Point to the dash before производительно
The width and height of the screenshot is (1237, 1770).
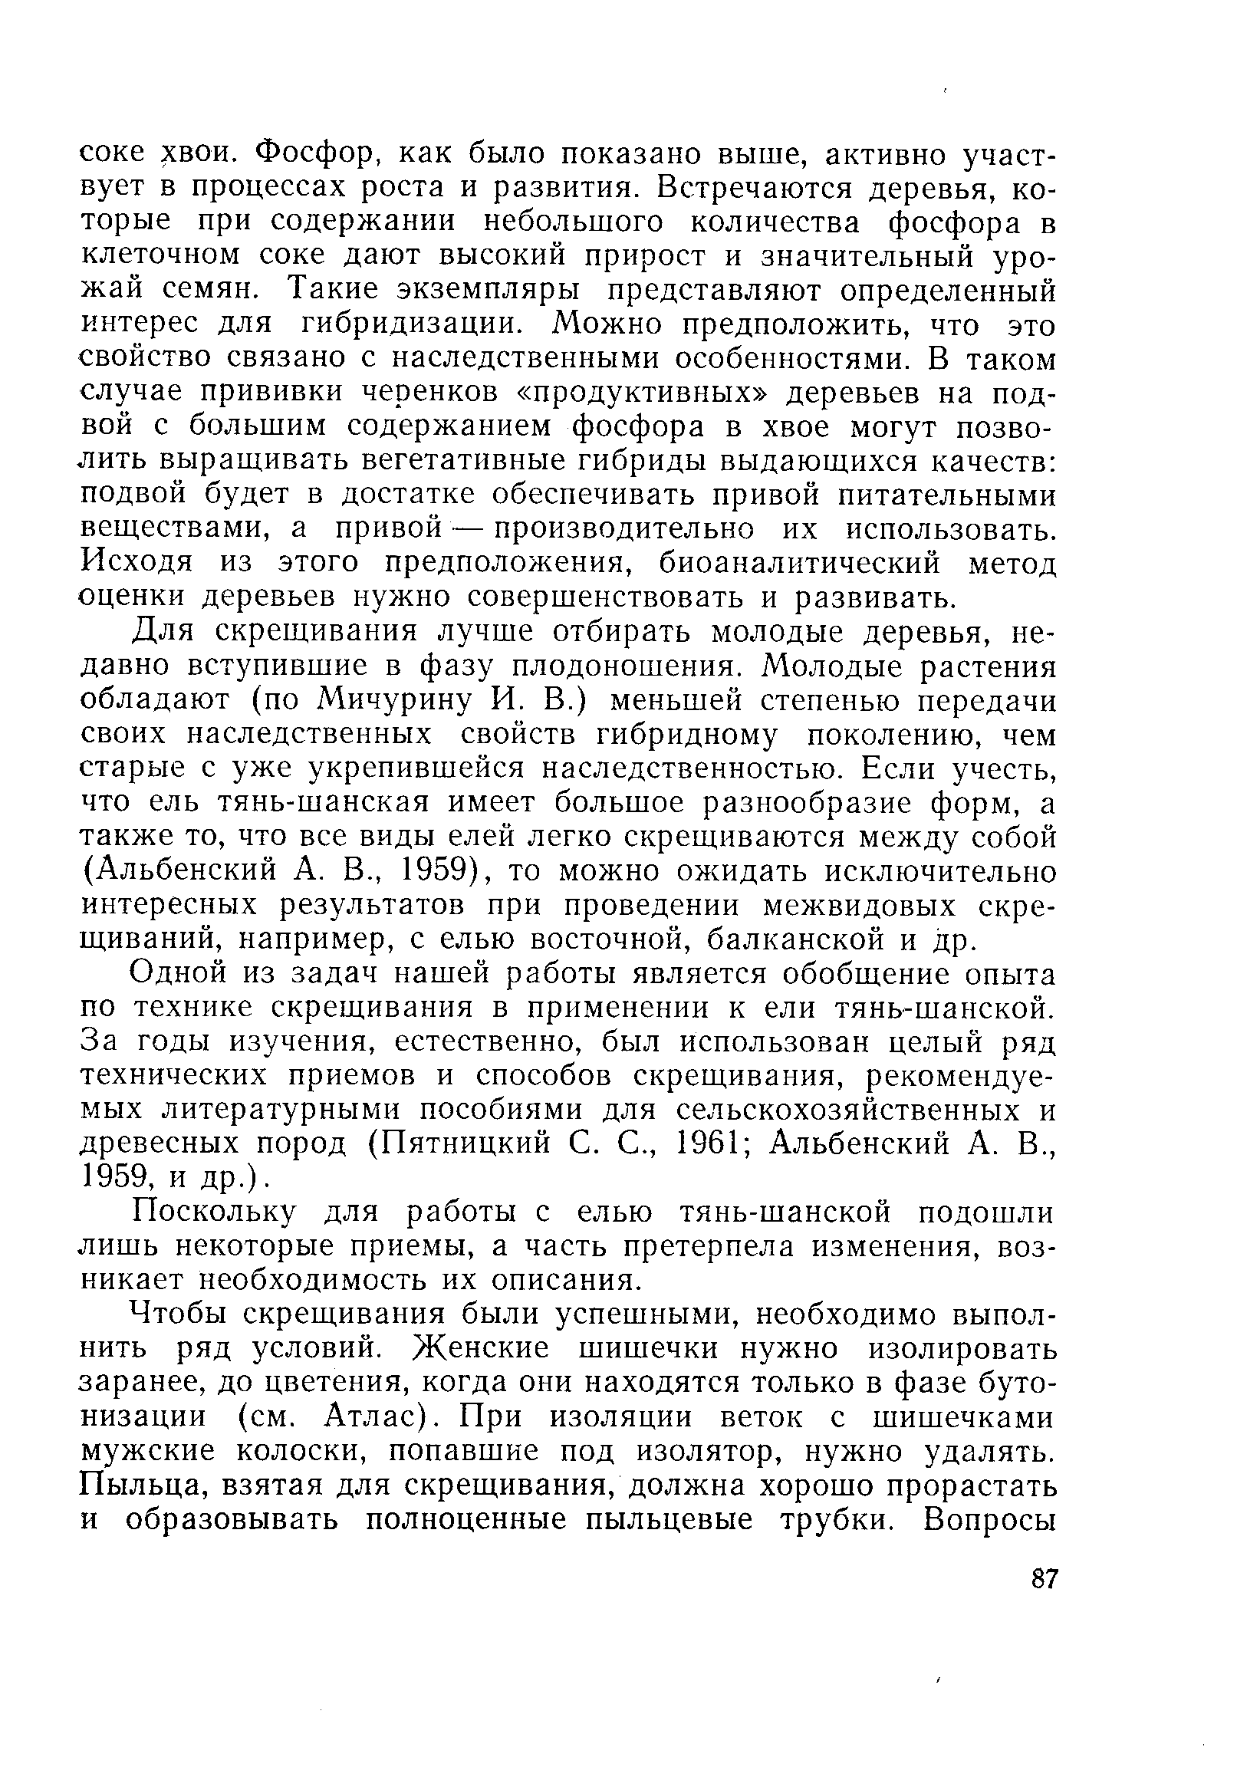(x=469, y=528)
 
